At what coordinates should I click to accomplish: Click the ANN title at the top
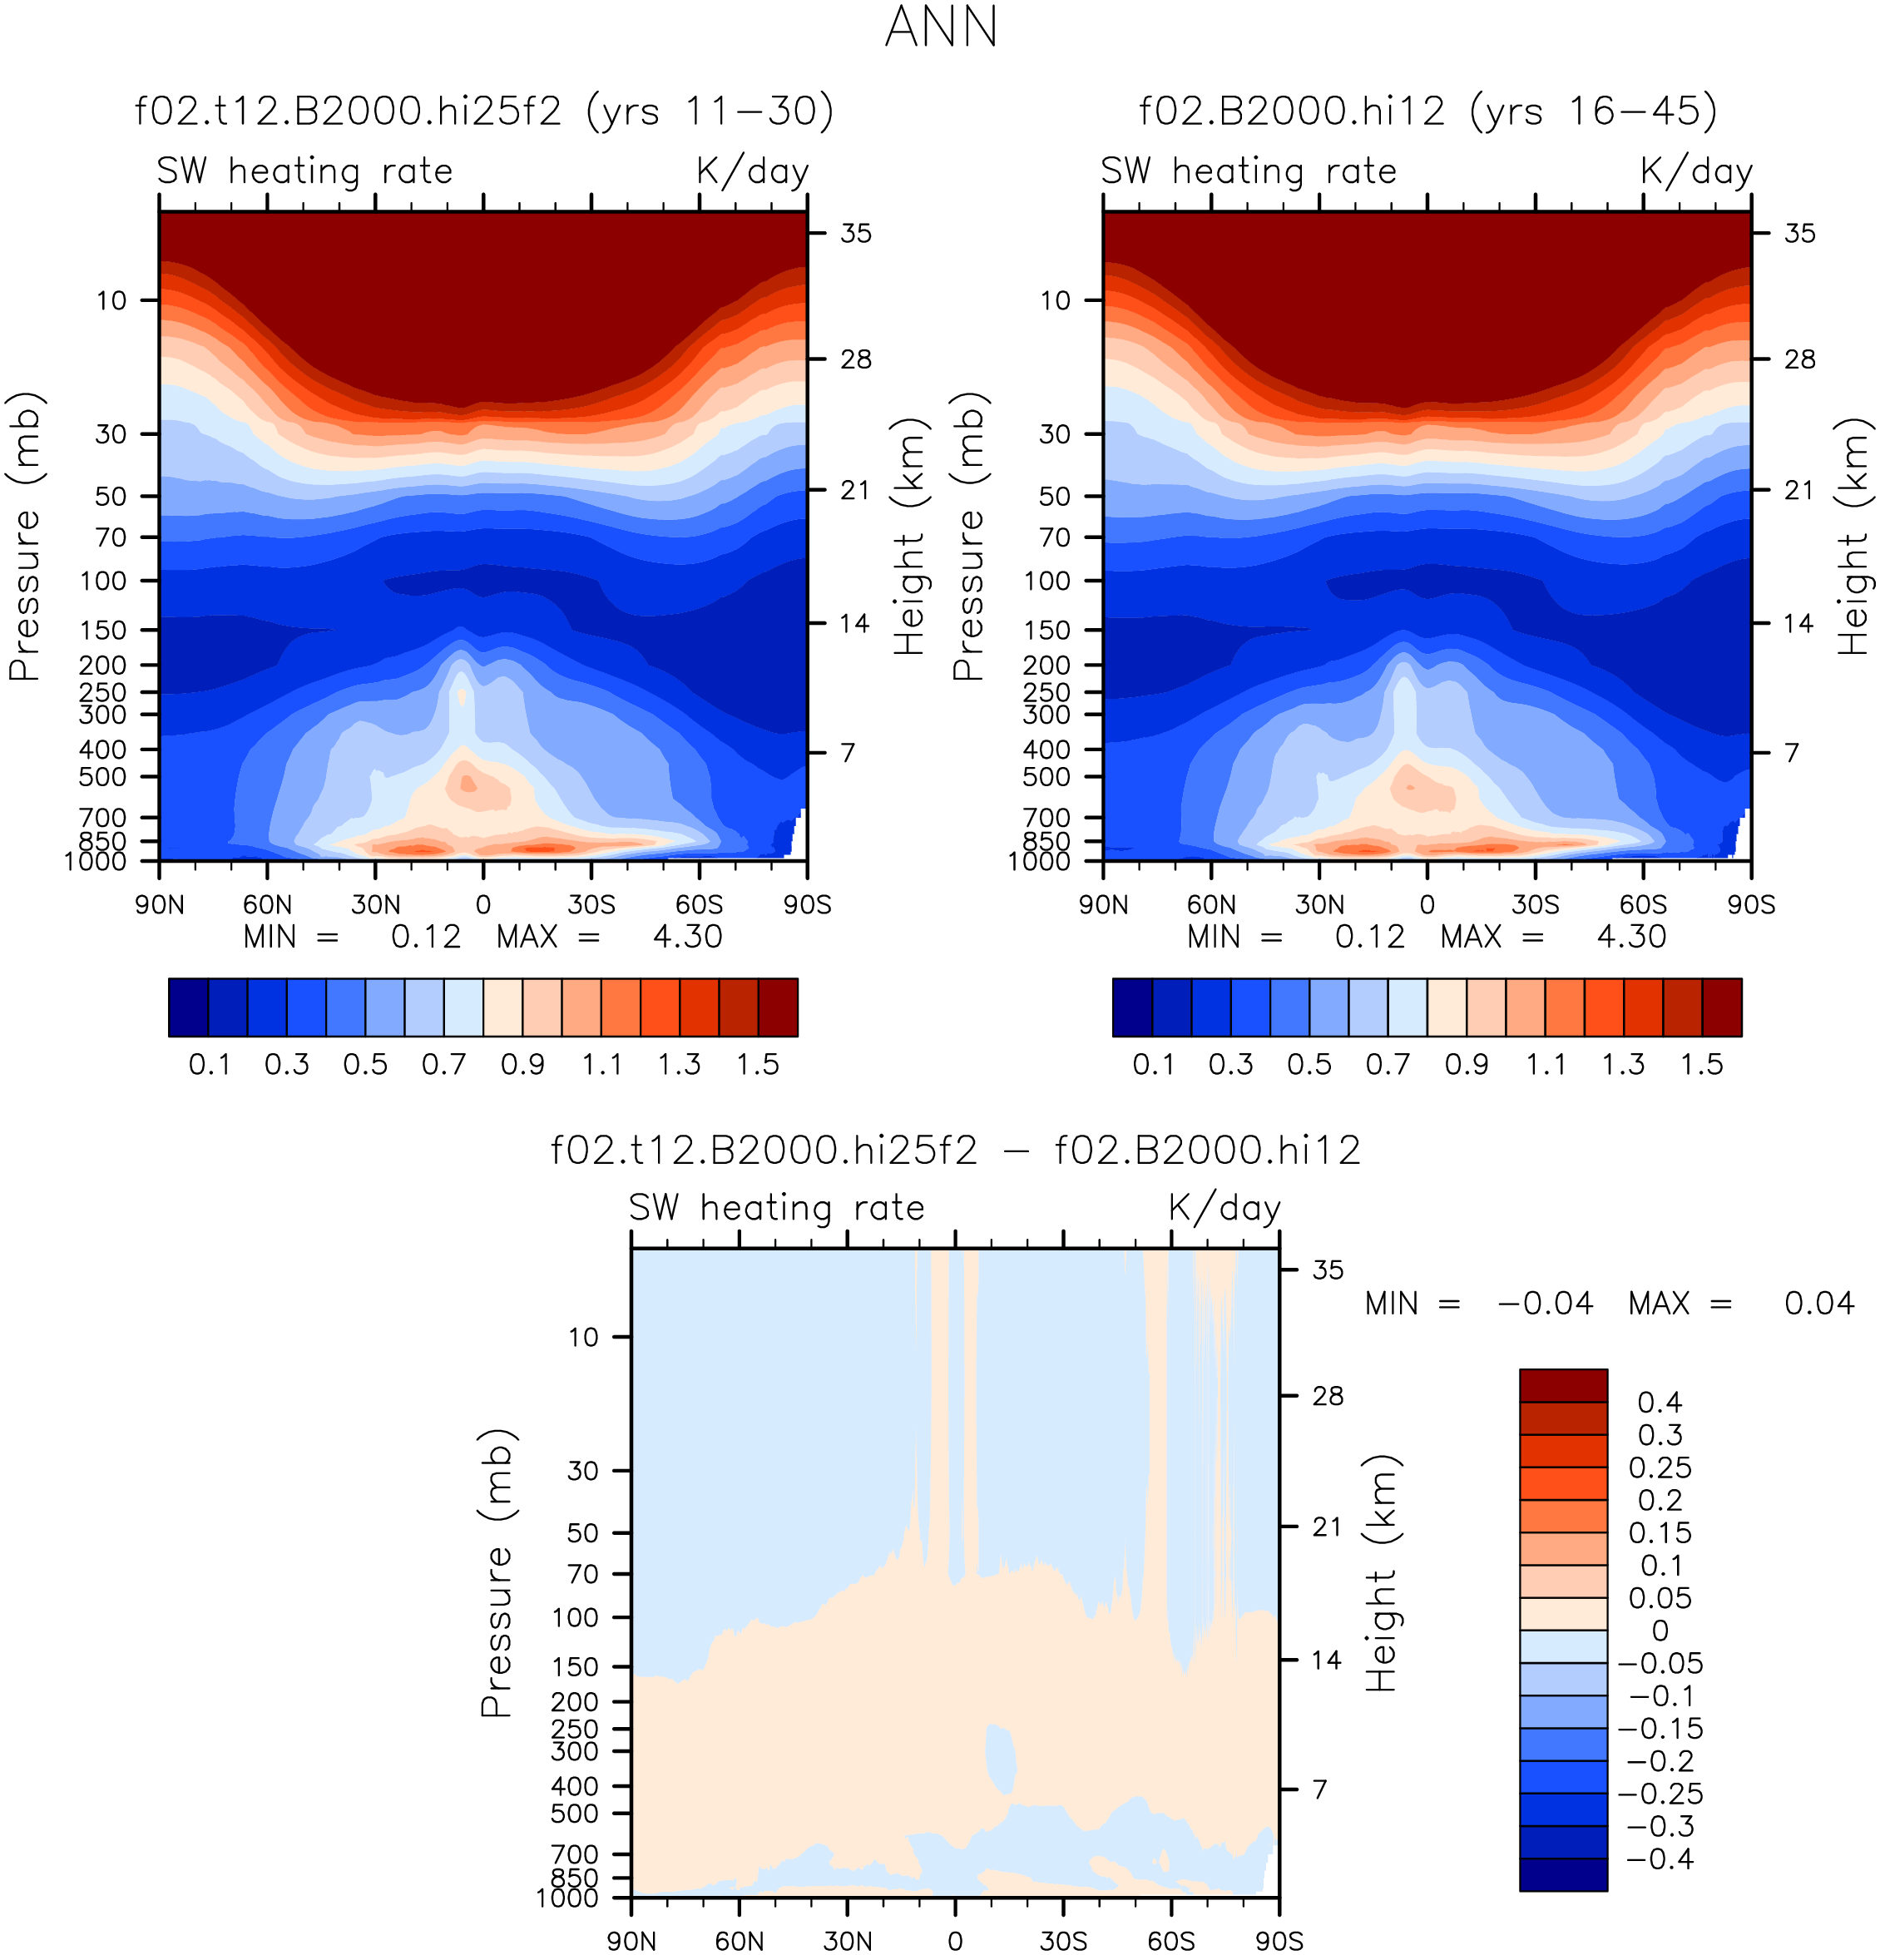tap(941, 28)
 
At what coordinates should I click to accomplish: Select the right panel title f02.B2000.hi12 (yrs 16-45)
tap(1427, 111)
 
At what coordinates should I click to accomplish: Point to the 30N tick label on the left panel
tap(375, 904)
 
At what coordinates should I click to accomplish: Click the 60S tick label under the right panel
tap(1643, 904)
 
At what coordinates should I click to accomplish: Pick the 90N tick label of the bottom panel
tap(631, 1941)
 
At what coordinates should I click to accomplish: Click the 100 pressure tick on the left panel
tap(104, 581)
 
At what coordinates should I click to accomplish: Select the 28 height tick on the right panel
tap(1799, 359)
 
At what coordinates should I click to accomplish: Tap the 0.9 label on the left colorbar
tap(522, 1064)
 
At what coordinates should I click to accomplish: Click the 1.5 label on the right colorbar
tap(1701, 1064)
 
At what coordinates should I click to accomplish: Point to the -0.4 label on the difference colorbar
tap(1660, 1859)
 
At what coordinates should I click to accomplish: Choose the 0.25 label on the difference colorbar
tap(1660, 1467)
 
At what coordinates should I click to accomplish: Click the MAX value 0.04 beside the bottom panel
tap(1819, 1303)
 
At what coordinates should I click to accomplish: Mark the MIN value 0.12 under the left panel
tap(426, 937)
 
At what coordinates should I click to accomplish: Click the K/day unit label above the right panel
tap(1695, 171)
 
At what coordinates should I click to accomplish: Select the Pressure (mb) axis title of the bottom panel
tap(496, 1573)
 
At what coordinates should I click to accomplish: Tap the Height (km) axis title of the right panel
tap(1853, 537)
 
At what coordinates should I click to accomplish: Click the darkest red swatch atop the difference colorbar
tap(1563, 1385)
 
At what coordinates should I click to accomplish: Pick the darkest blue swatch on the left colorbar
tap(189, 1007)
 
